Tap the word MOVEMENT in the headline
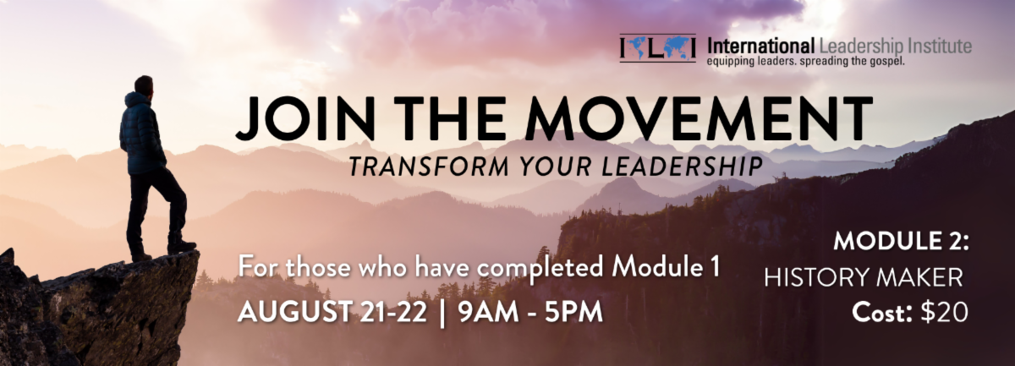tap(700, 118)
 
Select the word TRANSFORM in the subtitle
tap(429, 167)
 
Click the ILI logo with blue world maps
tap(657, 47)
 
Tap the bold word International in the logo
tap(760, 46)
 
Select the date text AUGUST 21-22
tap(332, 312)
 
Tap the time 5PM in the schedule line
tap(573, 312)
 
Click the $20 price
tap(944, 313)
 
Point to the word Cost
tap(881, 313)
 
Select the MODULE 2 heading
tap(901, 242)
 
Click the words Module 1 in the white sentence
tap(665, 267)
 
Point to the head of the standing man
tap(144, 85)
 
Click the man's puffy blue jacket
tap(141, 134)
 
